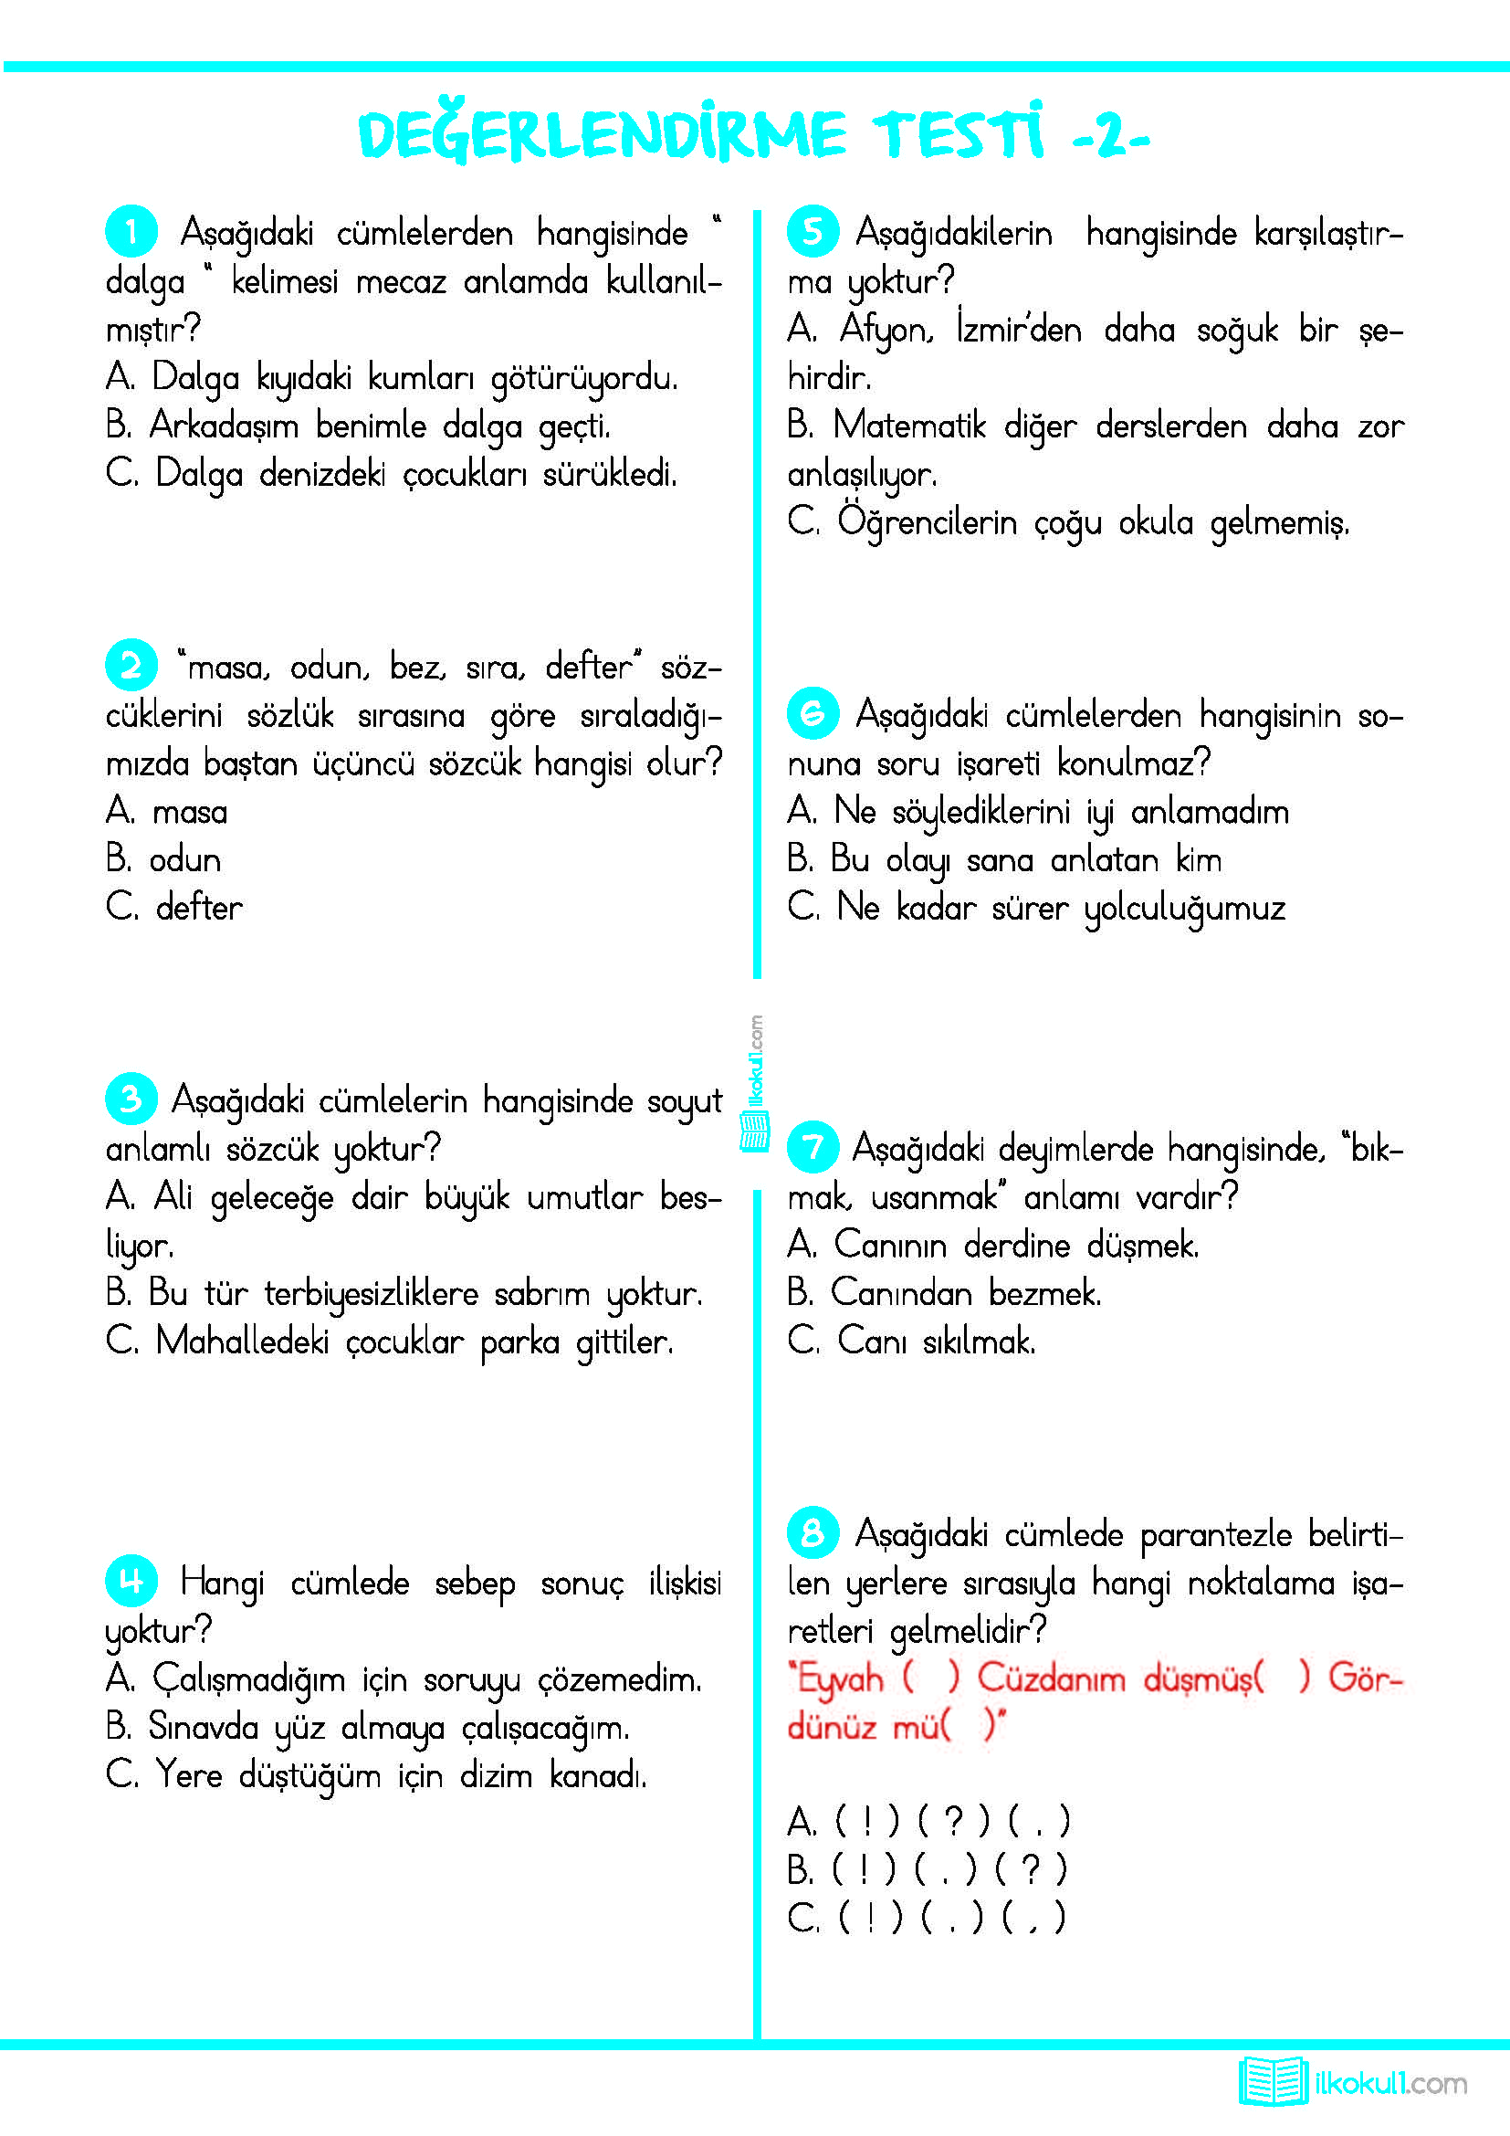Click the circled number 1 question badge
pyautogui.click(x=131, y=231)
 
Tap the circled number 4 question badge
pyautogui.click(x=131, y=1580)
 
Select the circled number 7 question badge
pyautogui.click(x=813, y=1146)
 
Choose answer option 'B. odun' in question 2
pyautogui.click(x=163, y=859)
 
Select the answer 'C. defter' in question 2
pyautogui.click(x=173, y=907)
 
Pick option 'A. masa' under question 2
pyautogui.click(x=166, y=811)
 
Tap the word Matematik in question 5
pyautogui.click(x=908, y=426)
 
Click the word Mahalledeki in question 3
pyautogui.click(x=242, y=1342)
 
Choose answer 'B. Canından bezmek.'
pyautogui.click(x=944, y=1293)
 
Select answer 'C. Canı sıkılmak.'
pyautogui.click(x=911, y=1342)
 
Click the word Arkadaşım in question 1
pyautogui.click(x=223, y=426)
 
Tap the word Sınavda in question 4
pyautogui.click(x=203, y=1727)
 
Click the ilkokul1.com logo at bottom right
pyautogui.click(x=1353, y=2082)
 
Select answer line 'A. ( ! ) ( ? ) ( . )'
pyautogui.click(x=928, y=1822)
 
